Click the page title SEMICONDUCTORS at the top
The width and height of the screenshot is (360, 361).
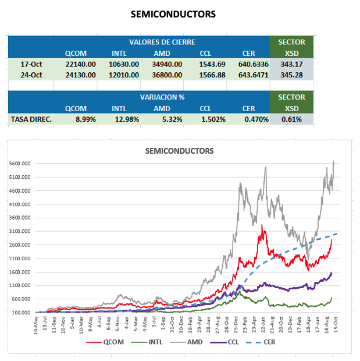173,13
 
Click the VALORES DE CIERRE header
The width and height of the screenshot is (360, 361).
162,43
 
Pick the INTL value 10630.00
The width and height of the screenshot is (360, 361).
125,64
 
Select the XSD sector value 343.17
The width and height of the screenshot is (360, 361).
291,64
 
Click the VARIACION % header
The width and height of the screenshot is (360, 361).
162,97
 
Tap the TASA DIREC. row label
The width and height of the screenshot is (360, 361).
31,119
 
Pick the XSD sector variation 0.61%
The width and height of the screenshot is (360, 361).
291,119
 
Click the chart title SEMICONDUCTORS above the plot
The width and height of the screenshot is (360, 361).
179,151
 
